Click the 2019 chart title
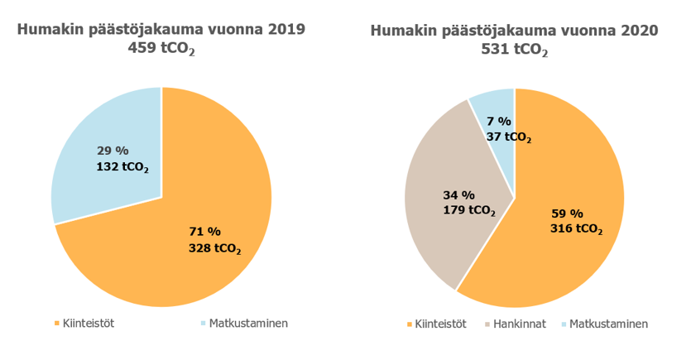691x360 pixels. (161, 30)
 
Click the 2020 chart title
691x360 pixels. (514, 31)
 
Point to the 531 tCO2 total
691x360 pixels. (514, 50)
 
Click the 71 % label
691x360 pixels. (204, 231)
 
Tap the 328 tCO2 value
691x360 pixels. (215, 247)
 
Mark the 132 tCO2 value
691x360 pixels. (122, 167)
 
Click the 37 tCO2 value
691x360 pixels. (508, 137)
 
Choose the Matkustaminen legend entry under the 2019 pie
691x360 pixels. (247, 323)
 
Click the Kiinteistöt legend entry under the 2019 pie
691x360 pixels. (84, 323)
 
